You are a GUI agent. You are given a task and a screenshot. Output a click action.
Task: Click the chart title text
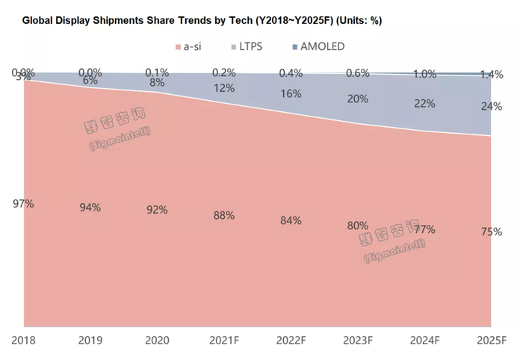pos(202,20)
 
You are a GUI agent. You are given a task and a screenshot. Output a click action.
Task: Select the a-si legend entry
pos(190,46)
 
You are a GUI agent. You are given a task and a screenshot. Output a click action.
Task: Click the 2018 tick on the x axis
pos(24,341)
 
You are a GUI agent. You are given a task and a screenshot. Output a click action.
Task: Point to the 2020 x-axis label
pos(158,341)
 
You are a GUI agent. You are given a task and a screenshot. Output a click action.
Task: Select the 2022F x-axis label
pos(291,341)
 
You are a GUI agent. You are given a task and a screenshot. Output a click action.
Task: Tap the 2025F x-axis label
pos(490,341)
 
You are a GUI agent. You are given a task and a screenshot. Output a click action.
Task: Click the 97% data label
pos(24,203)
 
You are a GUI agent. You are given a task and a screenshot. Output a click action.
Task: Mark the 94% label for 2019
pos(90,207)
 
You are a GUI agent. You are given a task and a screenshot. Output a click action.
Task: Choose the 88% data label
pos(224,215)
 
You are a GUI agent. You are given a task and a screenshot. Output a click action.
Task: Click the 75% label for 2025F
pos(491,232)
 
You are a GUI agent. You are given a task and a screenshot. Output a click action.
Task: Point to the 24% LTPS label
pos(491,106)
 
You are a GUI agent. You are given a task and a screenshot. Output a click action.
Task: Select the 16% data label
pos(291,94)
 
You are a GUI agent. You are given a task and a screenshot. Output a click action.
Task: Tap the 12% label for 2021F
pos(224,88)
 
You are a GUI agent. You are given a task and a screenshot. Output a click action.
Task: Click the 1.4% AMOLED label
pos(491,75)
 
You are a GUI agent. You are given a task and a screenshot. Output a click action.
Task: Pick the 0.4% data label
pos(291,72)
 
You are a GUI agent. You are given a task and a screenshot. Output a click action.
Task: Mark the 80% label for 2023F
pos(357,226)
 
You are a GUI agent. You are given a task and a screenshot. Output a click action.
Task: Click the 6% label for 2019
pos(90,81)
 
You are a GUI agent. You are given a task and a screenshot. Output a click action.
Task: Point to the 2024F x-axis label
pos(424,341)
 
